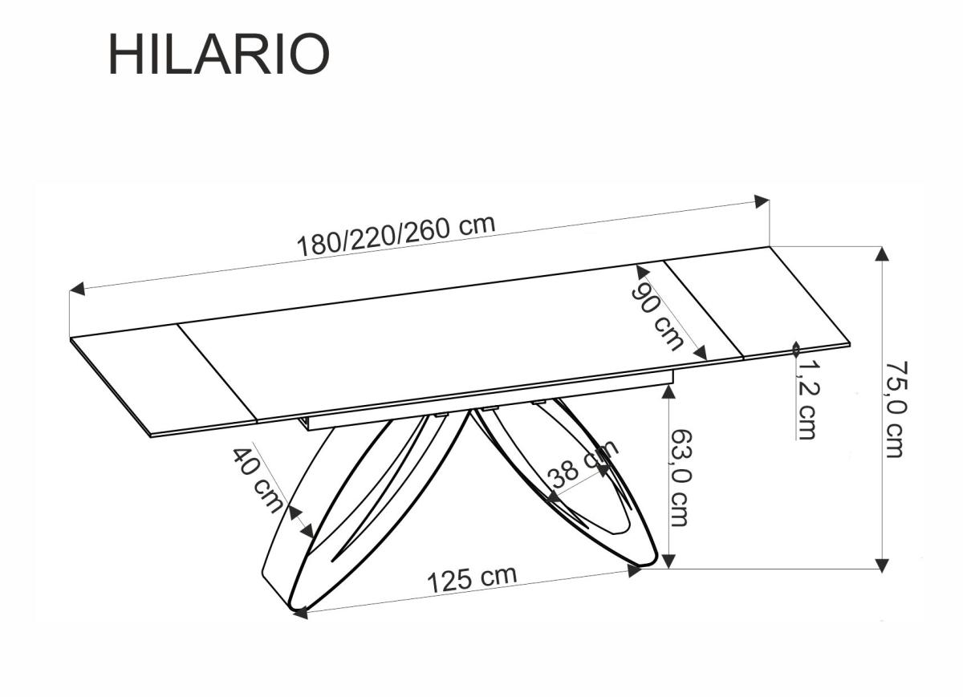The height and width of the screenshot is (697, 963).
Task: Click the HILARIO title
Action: pos(218,55)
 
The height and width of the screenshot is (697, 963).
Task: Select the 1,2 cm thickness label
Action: pos(806,399)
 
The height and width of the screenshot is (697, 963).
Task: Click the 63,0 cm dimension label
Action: pos(679,477)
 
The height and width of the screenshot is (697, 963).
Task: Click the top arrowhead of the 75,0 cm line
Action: pos(882,253)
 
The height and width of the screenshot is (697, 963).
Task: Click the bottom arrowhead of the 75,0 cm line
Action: pos(882,563)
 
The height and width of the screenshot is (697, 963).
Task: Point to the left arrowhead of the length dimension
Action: pos(77,289)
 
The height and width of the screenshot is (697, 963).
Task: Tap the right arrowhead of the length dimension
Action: pos(762,201)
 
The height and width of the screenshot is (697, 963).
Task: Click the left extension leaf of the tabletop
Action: pos(165,377)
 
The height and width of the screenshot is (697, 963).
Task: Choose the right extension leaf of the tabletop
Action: pos(754,302)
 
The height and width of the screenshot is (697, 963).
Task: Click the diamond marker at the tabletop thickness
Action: pos(796,349)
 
